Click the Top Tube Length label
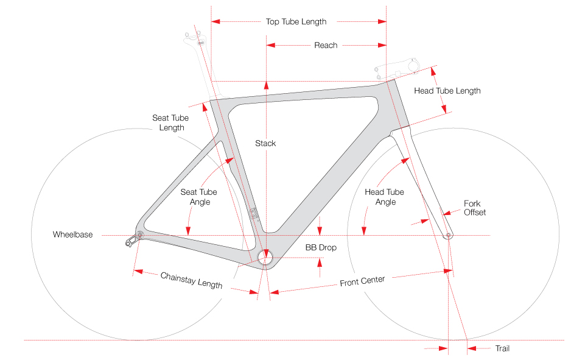tap(296, 22)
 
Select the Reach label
tap(326, 45)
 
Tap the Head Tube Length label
tap(447, 91)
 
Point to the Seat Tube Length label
tap(171, 122)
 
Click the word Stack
tap(265, 143)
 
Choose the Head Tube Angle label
tap(384, 197)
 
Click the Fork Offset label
tap(474, 208)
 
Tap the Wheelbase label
tap(72, 235)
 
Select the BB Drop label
tap(321, 248)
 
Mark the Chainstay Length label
tap(191, 281)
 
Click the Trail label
tap(502, 348)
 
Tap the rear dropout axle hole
tap(139, 235)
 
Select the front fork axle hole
tap(449, 235)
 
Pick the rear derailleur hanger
tap(130, 242)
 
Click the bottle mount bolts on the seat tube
tap(254, 213)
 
